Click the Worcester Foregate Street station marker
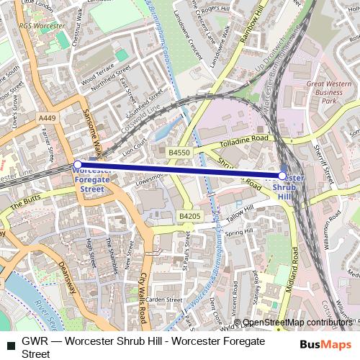click(x=78, y=165)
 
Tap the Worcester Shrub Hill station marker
click(x=282, y=176)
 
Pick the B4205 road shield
click(x=189, y=216)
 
